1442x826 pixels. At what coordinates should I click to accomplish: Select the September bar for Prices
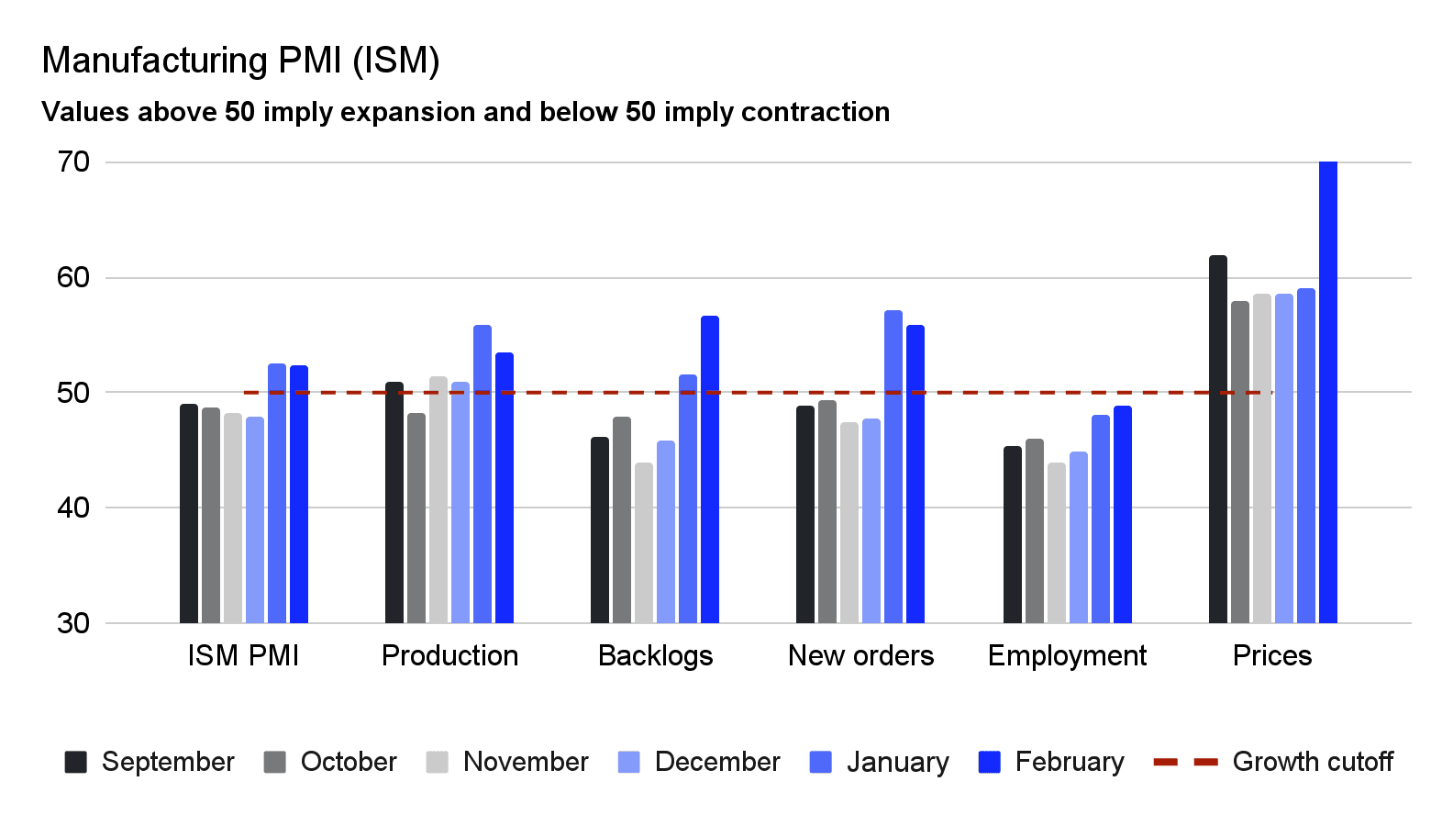click(1217, 440)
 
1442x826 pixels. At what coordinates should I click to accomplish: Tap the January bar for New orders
click(893, 467)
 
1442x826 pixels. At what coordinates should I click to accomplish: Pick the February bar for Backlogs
click(709, 470)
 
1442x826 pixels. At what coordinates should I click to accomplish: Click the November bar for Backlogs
click(644, 543)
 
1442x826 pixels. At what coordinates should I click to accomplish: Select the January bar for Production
click(483, 474)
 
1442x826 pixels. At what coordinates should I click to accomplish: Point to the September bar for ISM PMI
click(189, 514)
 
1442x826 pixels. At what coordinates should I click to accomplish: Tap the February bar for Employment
click(1122, 515)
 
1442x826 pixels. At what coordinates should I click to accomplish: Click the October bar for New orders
click(826, 512)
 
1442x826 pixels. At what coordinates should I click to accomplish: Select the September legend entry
click(150, 762)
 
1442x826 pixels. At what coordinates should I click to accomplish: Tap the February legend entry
click(1051, 762)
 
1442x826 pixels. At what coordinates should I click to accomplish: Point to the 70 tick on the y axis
click(73, 162)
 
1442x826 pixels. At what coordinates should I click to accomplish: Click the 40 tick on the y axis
click(73, 508)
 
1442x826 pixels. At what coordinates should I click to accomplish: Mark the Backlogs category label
click(655, 655)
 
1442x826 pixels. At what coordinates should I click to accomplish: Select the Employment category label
click(1067, 655)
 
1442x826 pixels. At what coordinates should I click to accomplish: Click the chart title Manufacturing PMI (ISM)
click(240, 61)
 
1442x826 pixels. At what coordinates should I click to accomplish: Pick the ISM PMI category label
click(243, 655)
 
